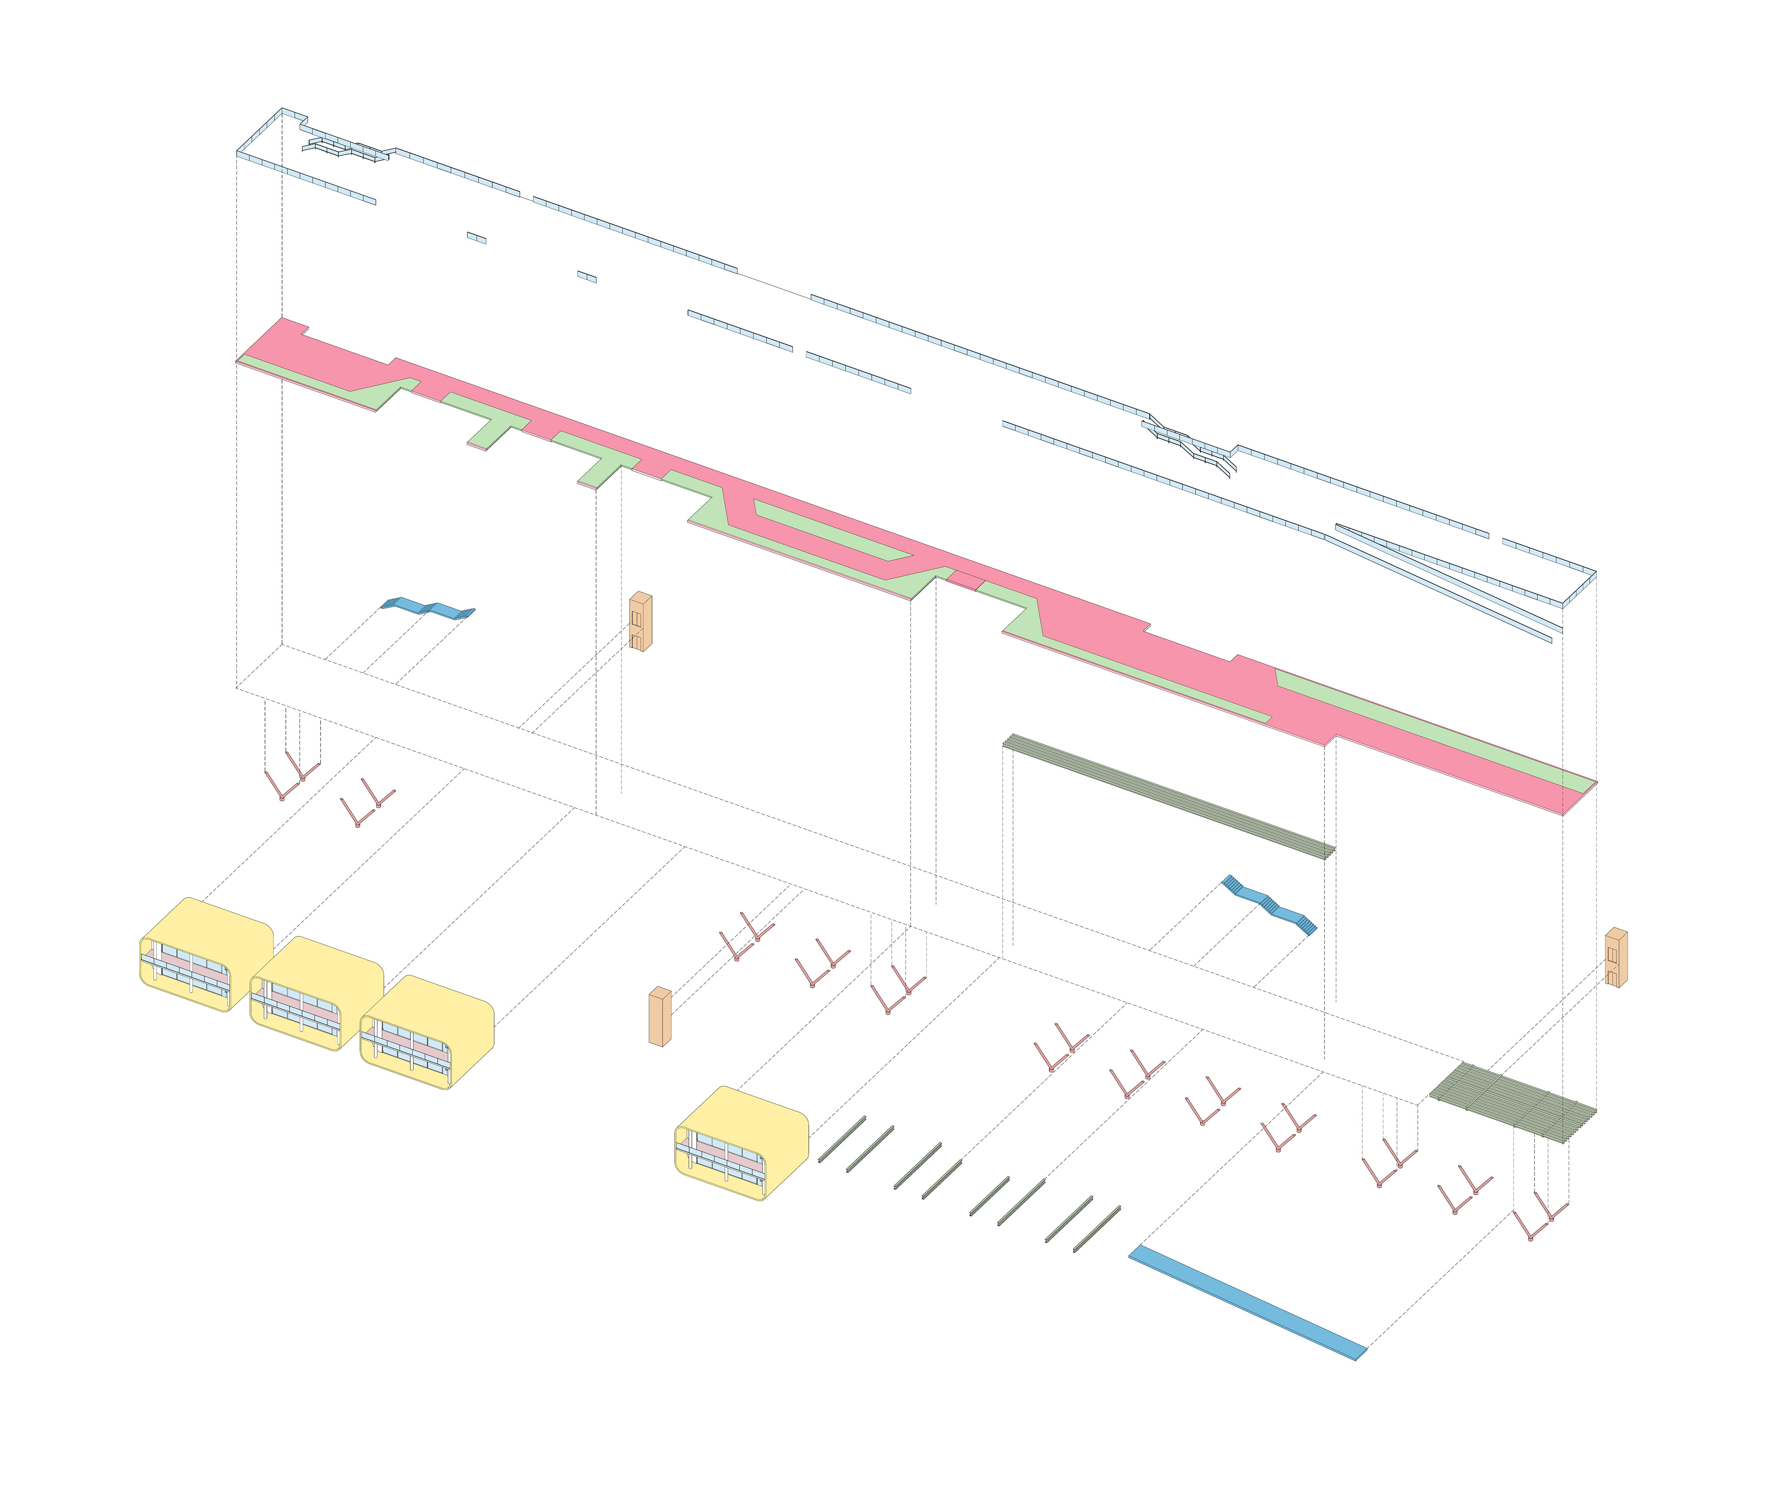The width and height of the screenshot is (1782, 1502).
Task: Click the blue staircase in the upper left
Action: pos(427,608)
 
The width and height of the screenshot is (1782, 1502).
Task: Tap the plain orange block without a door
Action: pos(660,1016)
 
